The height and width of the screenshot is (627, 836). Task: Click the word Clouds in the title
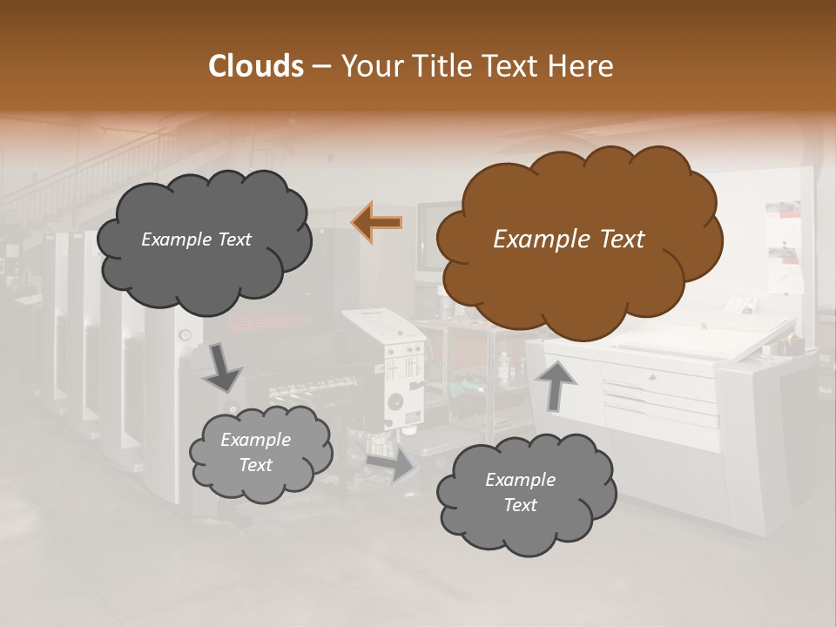(x=255, y=66)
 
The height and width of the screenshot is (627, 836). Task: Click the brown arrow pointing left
(x=377, y=222)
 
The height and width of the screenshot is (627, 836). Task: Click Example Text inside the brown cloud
(x=569, y=239)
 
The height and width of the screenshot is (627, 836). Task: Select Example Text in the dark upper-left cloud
(x=196, y=239)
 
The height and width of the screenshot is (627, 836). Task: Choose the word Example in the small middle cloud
(x=255, y=440)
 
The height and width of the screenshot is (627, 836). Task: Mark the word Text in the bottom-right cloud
(x=521, y=505)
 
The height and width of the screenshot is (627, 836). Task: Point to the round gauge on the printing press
(x=185, y=334)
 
